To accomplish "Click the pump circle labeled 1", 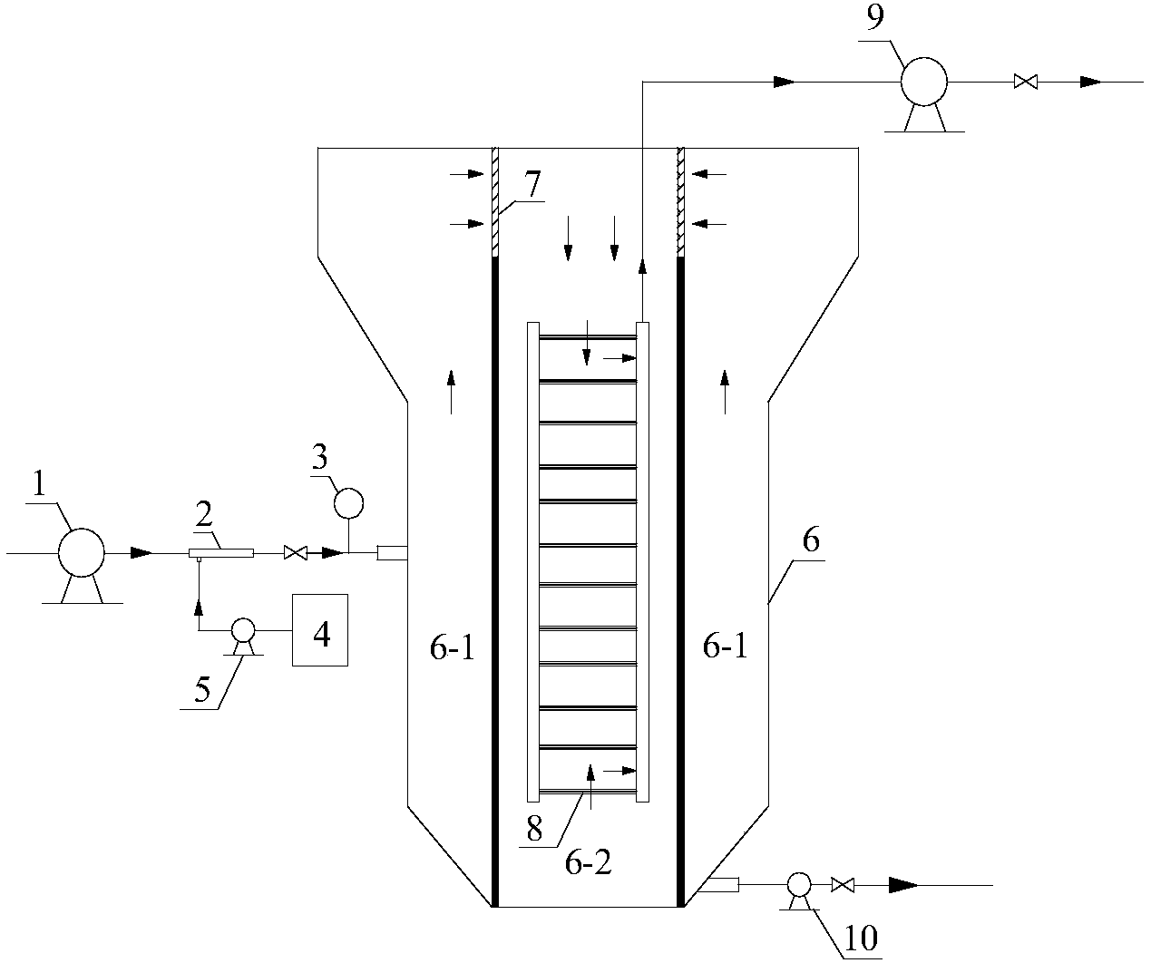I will (x=82, y=552).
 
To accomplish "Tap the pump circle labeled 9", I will (x=923, y=82).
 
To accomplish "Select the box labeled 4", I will (x=320, y=631).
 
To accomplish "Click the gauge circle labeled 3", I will (x=348, y=501).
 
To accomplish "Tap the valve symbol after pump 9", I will (x=1026, y=82).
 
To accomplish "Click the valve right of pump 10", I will (x=844, y=884).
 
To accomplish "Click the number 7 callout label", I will (x=532, y=184).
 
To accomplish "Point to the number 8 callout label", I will (x=534, y=830).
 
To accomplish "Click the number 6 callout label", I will (x=811, y=541).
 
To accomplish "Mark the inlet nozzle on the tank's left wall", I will (x=391, y=552).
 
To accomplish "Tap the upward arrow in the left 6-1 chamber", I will (x=451, y=392).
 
